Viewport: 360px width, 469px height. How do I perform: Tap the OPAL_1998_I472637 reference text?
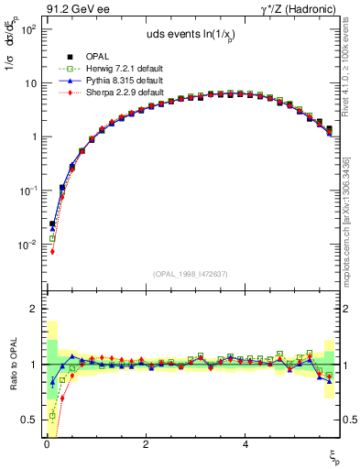pos(190,273)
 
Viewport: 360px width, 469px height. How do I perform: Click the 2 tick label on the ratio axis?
pos(31,310)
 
